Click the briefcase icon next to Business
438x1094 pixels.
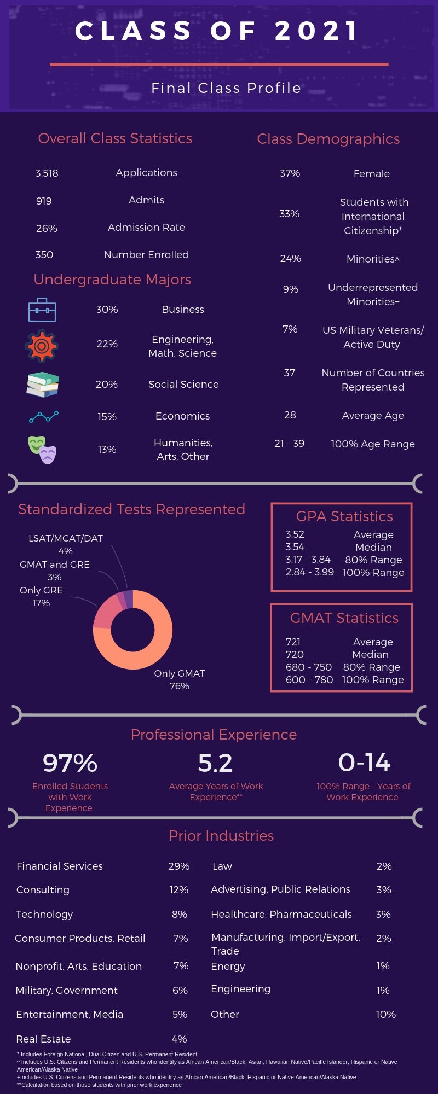pyautogui.click(x=42, y=310)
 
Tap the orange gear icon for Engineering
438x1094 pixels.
pyautogui.click(x=42, y=346)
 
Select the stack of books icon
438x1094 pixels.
pyautogui.click(x=43, y=385)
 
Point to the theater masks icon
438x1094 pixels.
pyautogui.click(x=42, y=450)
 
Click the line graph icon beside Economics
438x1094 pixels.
pyautogui.click(x=44, y=417)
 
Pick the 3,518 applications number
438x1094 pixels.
pyautogui.click(x=47, y=173)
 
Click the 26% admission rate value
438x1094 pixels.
pyautogui.click(x=47, y=228)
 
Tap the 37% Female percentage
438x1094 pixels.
pyautogui.click(x=290, y=173)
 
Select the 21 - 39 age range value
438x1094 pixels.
pyautogui.click(x=289, y=444)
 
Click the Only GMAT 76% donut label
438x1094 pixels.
pyautogui.click(x=180, y=679)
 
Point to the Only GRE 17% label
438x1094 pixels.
pyautogui.click(x=41, y=596)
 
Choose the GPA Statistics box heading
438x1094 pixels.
pyautogui.click(x=344, y=516)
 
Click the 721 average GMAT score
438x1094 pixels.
pyautogui.click(x=293, y=642)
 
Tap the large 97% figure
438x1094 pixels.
pyautogui.click(x=70, y=763)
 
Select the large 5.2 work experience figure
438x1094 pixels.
pyautogui.click(x=215, y=763)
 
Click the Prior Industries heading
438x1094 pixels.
pyautogui.click(x=221, y=836)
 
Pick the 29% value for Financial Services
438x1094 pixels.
pyautogui.click(x=178, y=866)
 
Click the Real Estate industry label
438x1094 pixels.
pyautogui.click(x=43, y=1039)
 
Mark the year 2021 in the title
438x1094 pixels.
pyautogui.click(x=316, y=31)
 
